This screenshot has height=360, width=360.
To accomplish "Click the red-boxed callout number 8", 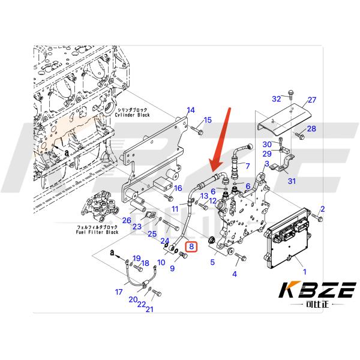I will (191, 246).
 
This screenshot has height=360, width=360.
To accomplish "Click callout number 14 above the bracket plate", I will (191, 110).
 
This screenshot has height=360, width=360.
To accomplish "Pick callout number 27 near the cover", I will (311, 100).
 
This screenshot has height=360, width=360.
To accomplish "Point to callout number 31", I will (292, 181).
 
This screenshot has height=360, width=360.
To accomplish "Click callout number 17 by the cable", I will (118, 292).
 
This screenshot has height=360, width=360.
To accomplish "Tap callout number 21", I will (149, 310).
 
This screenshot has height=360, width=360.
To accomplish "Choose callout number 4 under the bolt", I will (235, 274).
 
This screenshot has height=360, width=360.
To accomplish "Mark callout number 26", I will (127, 220).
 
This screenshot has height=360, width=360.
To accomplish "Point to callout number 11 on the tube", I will (175, 208).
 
